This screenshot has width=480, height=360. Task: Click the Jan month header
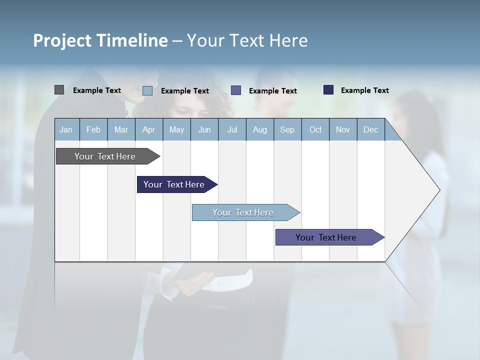coord(66,130)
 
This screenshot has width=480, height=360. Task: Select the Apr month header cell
coord(149,130)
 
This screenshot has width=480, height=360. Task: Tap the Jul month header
coord(232,130)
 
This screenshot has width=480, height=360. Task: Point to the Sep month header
coord(287,130)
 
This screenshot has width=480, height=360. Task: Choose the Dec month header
coord(370,130)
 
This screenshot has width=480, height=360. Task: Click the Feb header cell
coord(93,130)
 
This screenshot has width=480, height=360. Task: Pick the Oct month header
coord(315,130)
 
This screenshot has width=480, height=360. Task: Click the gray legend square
coord(59,90)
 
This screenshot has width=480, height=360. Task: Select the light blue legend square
coord(147,90)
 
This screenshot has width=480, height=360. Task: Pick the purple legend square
coord(236,90)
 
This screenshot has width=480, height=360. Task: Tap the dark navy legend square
coord(328,90)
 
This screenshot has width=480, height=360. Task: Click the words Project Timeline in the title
coord(100,40)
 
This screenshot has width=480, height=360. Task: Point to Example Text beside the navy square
coord(364,90)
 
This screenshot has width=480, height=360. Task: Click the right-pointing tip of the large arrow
coord(438,190)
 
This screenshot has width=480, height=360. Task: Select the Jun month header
coord(204,130)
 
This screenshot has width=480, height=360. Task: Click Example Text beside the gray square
coord(96,90)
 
